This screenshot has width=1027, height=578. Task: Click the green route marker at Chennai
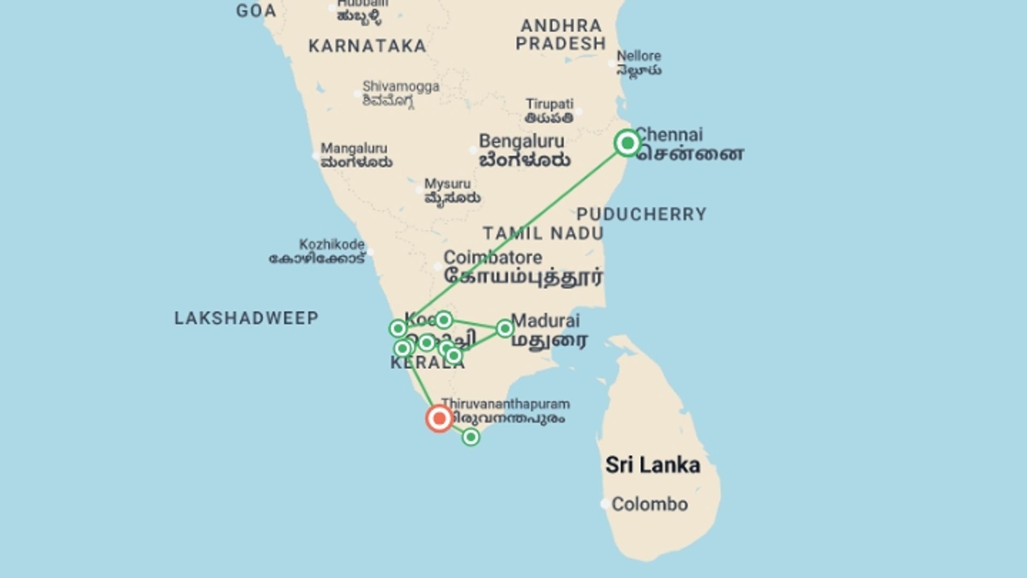click(627, 143)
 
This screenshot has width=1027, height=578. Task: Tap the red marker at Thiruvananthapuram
click(439, 418)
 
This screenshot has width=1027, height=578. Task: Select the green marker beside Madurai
click(504, 328)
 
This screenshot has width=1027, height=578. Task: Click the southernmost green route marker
click(471, 437)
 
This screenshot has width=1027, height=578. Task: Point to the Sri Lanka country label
click(653, 465)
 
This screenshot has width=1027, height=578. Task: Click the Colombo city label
click(649, 504)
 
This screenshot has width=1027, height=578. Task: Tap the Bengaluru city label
click(522, 141)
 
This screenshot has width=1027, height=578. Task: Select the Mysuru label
click(448, 184)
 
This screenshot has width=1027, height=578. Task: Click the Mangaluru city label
click(354, 148)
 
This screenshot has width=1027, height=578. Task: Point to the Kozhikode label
click(332, 245)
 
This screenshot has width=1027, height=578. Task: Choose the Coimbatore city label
click(493, 257)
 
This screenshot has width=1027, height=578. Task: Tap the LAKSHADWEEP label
click(247, 318)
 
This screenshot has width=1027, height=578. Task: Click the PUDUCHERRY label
click(641, 214)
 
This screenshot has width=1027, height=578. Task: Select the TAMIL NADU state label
click(543, 233)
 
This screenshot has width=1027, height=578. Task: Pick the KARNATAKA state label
click(367, 46)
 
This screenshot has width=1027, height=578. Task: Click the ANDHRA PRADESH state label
click(561, 34)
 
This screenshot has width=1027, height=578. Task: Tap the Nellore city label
click(639, 56)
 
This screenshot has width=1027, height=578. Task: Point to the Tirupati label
click(549, 104)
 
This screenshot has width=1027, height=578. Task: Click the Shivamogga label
click(401, 86)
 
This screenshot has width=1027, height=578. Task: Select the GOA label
click(256, 11)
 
